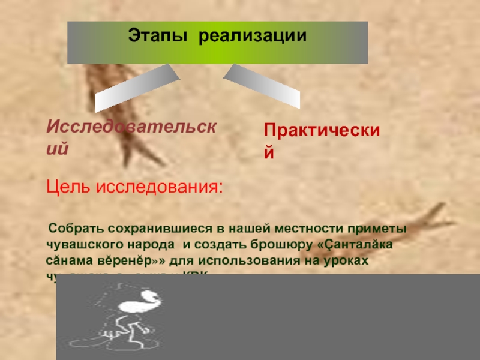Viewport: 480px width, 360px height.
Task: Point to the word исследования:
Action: (x=159, y=188)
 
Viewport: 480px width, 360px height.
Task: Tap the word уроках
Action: (x=344, y=262)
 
